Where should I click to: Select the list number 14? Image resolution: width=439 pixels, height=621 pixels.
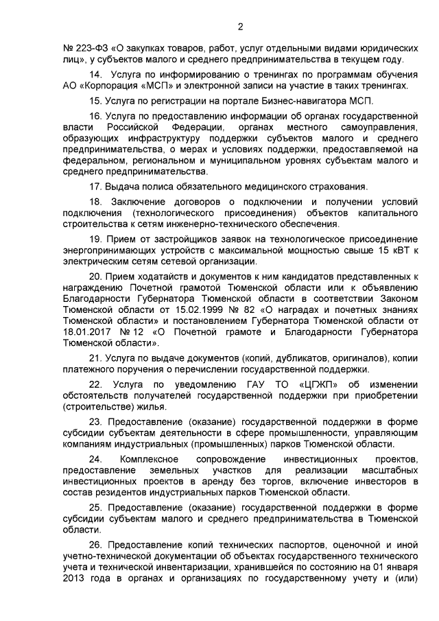point(97,74)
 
